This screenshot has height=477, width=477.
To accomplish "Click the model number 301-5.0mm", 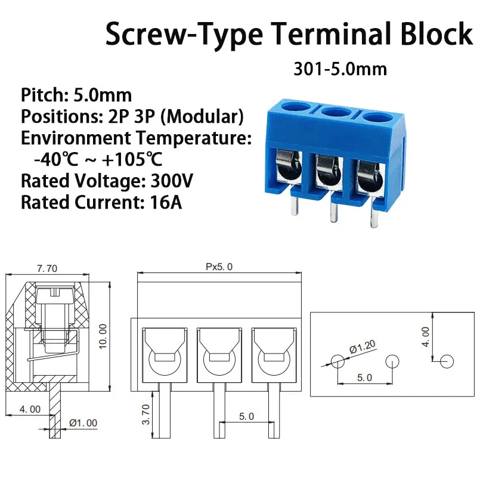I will pos(340,69).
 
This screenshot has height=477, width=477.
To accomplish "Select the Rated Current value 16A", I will pos(163,202).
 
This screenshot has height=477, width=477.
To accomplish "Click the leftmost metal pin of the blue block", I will pos(293,206).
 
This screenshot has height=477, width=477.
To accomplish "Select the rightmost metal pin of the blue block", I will pos(374,211).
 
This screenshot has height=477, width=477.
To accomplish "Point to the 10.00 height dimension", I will pos(102,337).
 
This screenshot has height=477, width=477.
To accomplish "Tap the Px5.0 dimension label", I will pos(219,267).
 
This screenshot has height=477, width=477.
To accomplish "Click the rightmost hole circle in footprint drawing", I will pos(447,361).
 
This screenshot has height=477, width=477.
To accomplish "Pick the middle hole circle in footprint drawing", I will pos(392,361).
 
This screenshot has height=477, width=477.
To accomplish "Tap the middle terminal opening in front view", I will pos(218,352).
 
